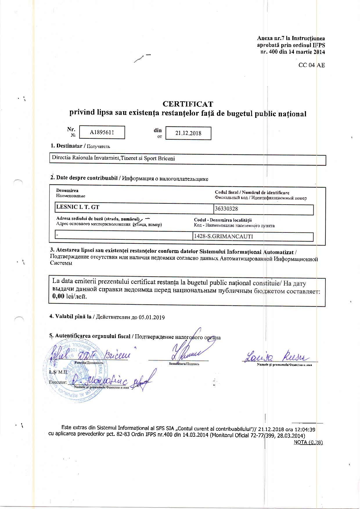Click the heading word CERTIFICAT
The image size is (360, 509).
click(x=188, y=104)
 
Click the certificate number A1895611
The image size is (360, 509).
click(x=102, y=132)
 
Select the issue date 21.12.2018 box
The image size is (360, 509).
click(x=188, y=133)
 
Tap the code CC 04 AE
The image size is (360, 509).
click(x=312, y=65)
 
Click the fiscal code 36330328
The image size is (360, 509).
click(x=226, y=209)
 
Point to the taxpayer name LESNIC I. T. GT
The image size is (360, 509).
click(x=78, y=207)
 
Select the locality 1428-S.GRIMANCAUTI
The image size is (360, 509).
click(x=224, y=237)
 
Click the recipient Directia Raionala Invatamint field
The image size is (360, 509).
click(x=113, y=158)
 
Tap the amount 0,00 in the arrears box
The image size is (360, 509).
click(x=58, y=297)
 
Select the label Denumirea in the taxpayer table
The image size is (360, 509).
click(x=67, y=191)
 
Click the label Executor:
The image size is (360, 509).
click(x=58, y=382)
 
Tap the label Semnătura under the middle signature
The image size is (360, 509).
click(x=177, y=364)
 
